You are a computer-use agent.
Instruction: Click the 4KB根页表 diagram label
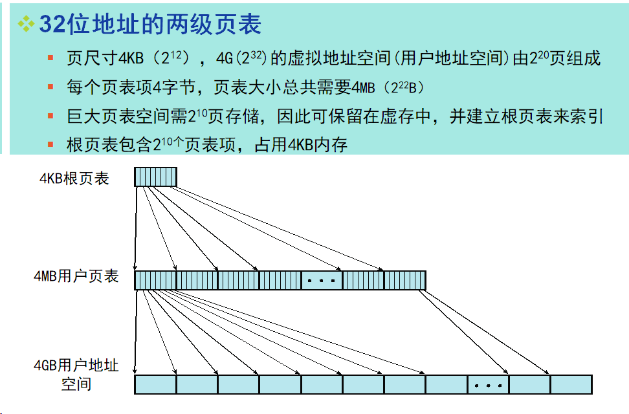pos(74,179)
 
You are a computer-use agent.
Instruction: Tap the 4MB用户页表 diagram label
pos(76,277)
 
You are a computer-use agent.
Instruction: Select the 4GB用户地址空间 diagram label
pos(76,375)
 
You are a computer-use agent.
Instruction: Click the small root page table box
pos(155,177)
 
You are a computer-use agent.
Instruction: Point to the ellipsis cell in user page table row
pos(322,280)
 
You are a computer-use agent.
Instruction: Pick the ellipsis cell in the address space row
pos(488,385)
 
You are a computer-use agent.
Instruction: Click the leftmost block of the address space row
pos(155,385)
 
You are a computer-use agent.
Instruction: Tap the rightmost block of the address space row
pos(571,385)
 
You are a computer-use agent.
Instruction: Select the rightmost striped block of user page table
pos(404,280)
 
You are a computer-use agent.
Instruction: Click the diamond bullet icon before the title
pos(27,24)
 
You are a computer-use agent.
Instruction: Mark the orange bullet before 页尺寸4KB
pos(50,59)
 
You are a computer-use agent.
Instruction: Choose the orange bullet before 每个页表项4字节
pos(50,87)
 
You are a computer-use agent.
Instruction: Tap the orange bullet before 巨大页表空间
pos(50,116)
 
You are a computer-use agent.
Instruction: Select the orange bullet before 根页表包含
pos(50,144)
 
